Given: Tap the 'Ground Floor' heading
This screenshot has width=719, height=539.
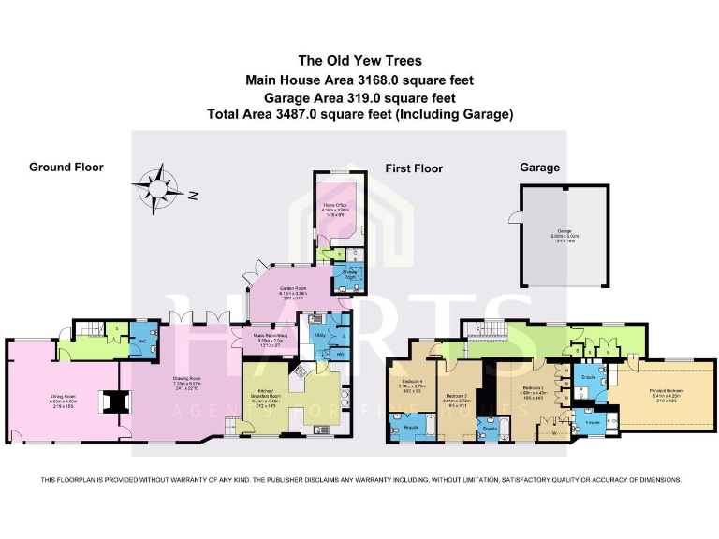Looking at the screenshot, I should (66, 168).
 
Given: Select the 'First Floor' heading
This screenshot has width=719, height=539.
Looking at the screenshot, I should (414, 168).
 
